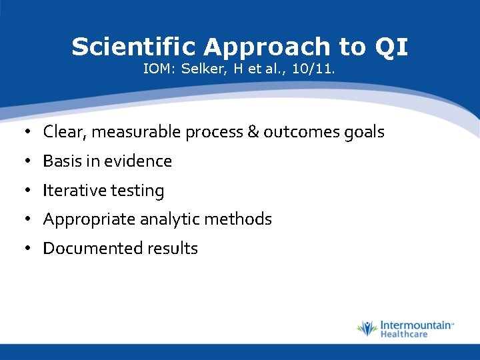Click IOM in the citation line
point(158,69)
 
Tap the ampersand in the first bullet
point(253,132)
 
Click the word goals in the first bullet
point(363,132)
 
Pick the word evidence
point(141,161)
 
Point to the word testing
point(137,191)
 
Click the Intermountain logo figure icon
point(367,329)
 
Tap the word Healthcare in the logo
point(404,334)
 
